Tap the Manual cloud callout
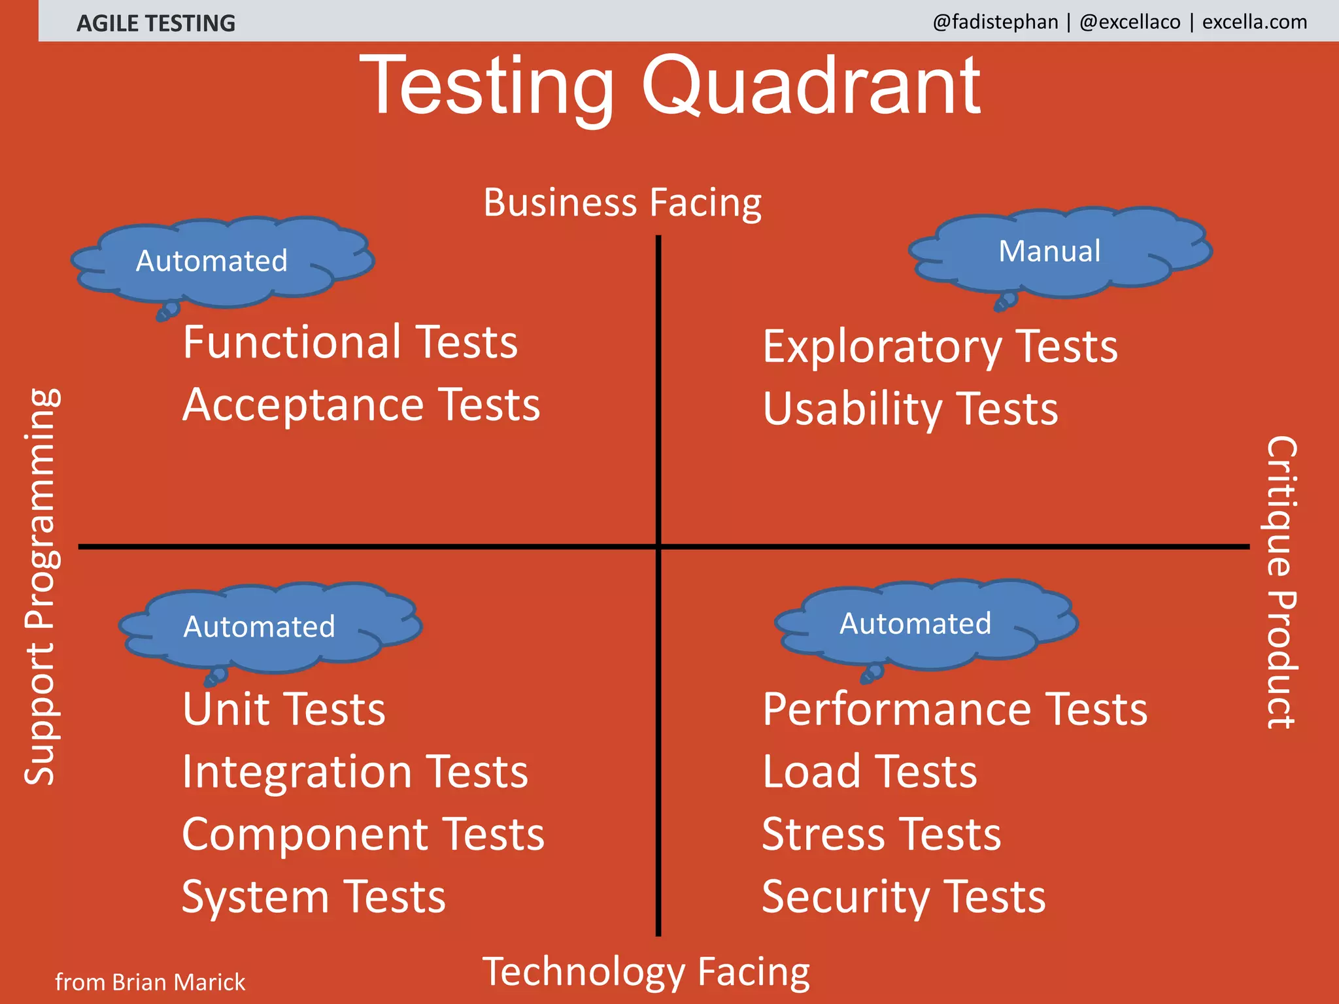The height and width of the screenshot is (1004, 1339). [1050, 252]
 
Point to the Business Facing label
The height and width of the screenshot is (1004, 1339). [622, 203]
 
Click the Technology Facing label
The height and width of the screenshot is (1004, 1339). [646, 971]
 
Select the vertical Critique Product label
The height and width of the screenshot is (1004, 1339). [1281, 582]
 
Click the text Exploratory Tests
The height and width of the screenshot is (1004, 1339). [940, 346]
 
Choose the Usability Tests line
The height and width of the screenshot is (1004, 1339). [910, 409]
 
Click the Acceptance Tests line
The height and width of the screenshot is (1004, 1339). [361, 405]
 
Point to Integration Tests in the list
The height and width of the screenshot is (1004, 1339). [355, 772]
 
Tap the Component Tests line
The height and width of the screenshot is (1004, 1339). [363, 835]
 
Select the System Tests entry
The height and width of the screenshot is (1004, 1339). [314, 897]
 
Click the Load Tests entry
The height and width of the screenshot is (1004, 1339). [870, 772]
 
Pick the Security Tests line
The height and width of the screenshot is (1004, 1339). [904, 897]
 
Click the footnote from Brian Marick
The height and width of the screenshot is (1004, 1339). [150, 982]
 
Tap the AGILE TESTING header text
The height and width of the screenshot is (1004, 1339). [156, 24]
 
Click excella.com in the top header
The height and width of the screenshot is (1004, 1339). [1255, 22]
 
